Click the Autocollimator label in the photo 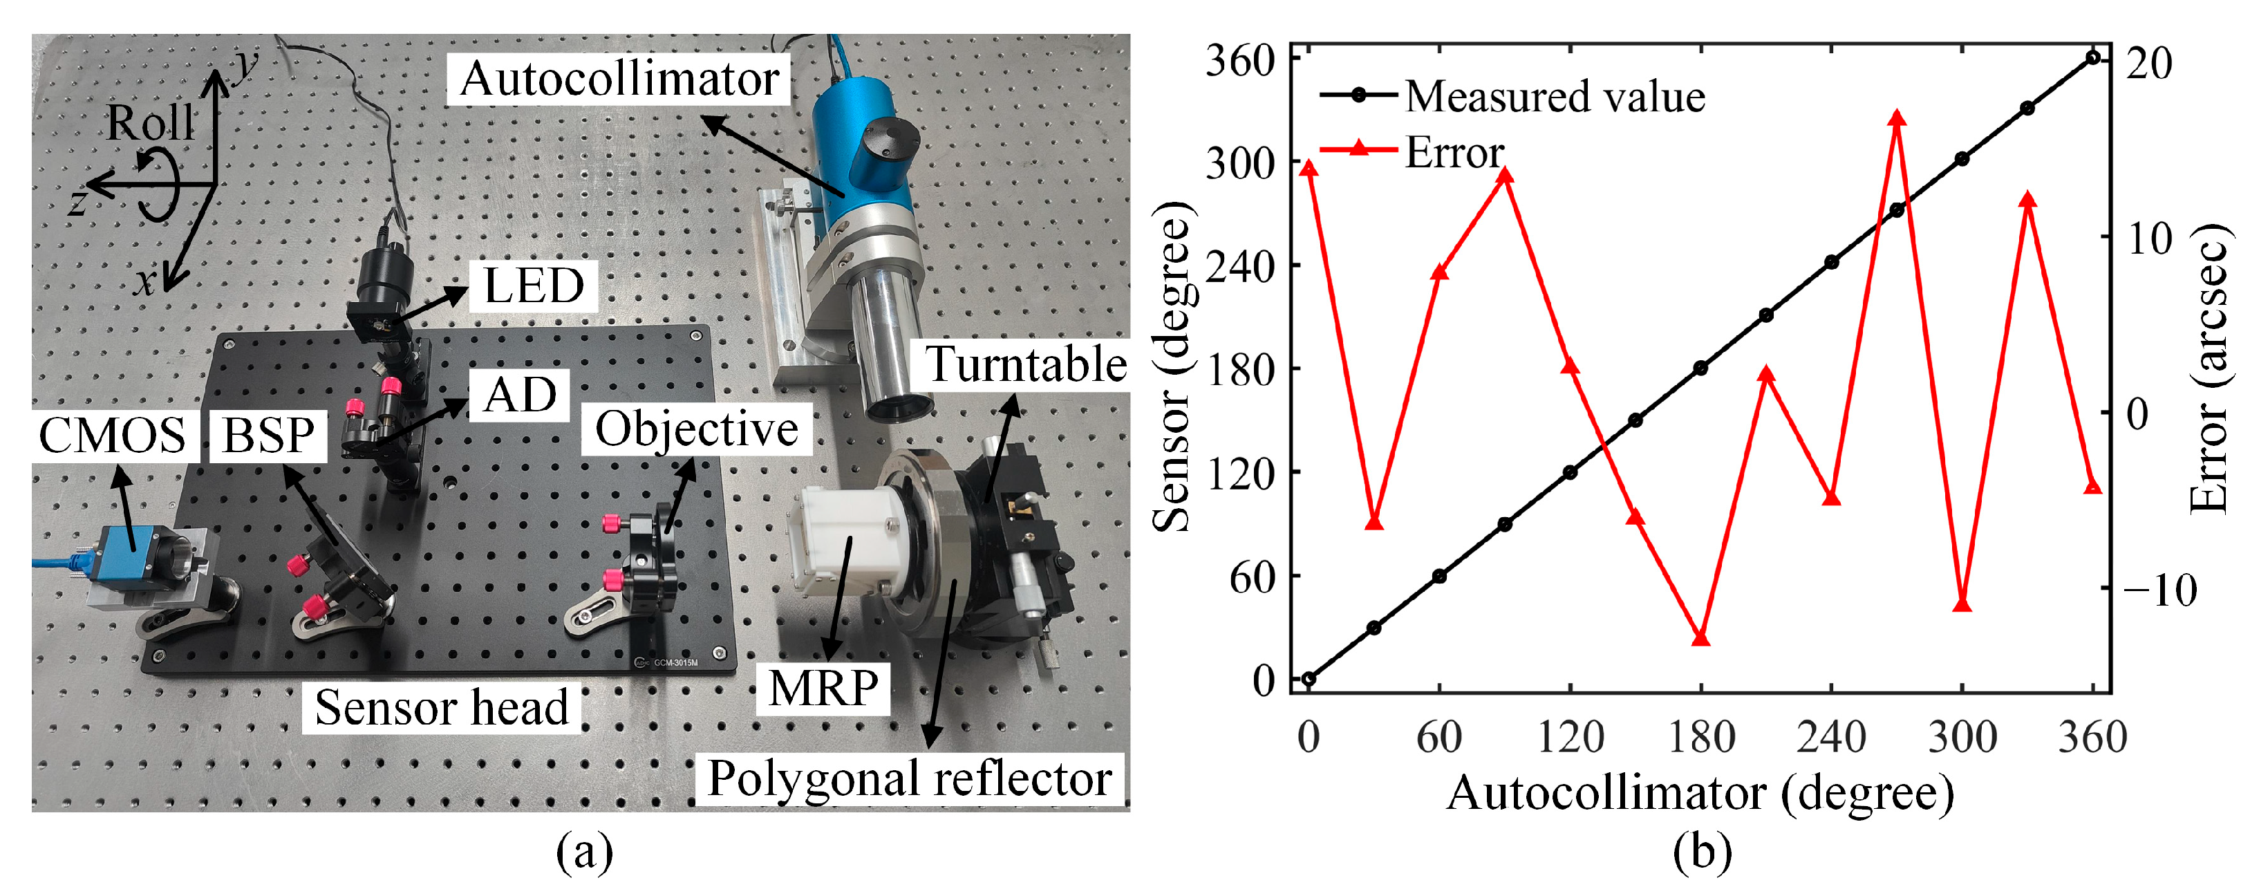click(x=619, y=80)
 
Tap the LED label click(x=534, y=286)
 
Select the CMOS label click(x=113, y=435)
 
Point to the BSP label click(x=268, y=436)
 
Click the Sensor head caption click(x=441, y=707)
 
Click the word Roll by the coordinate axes click(x=150, y=123)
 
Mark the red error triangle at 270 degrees click(x=1896, y=118)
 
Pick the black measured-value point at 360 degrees click(x=2093, y=57)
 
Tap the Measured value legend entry click(x=1555, y=96)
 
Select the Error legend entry click(x=1454, y=152)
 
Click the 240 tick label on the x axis click(x=1832, y=737)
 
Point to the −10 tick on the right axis click(x=2160, y=590)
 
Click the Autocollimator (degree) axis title click(x=1700, y=794)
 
